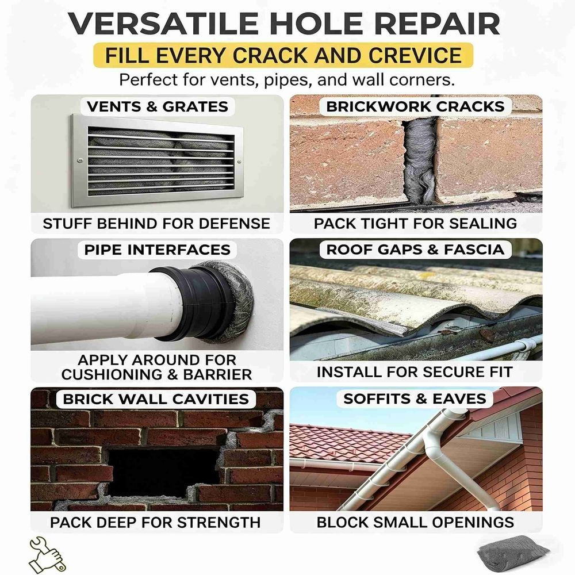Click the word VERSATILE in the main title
coord(163,24)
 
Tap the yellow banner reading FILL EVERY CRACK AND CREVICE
coord(283,55)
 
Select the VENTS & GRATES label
coord(158,107)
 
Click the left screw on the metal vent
coord(80,160)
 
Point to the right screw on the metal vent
coord(239,162)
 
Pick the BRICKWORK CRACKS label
coord(415,107)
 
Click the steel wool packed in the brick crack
coord(420,161)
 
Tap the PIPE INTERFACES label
coord(158,250)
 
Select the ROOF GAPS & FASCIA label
coord(415,250)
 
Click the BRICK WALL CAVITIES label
coord(156,399)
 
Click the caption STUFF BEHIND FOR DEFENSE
coord(156,224)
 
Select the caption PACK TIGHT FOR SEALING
coord(416,224)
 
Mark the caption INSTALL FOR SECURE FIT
coord(415,372)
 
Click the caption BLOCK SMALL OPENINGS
coord(416,523)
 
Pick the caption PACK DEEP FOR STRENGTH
coord(155,523)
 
